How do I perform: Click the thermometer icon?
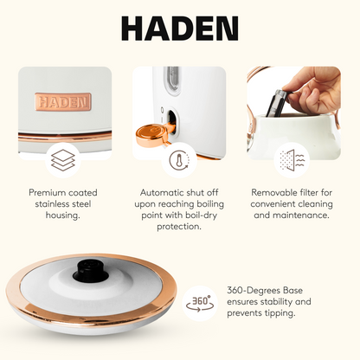(178, 161)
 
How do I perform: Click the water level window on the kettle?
(172, 79)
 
